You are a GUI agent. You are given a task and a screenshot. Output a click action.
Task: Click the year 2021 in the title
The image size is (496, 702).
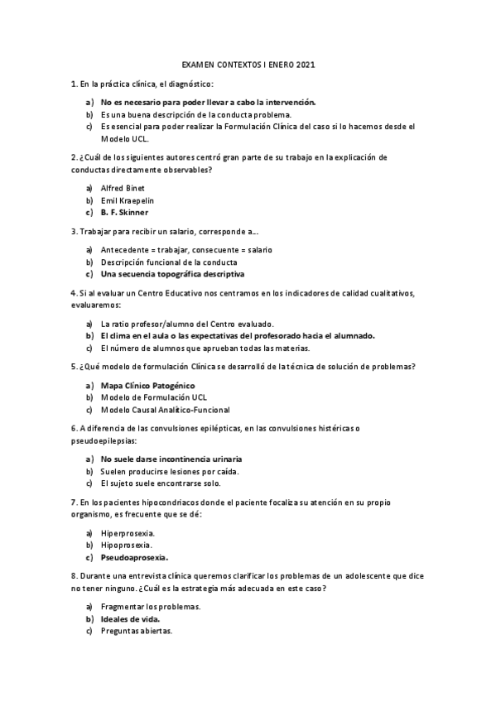pyautogui.click(x=305, y=64)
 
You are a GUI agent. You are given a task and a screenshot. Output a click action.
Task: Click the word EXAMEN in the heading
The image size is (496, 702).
pyautogui.click(x=197, y=64)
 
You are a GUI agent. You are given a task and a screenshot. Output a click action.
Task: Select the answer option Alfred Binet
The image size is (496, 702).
pyautogui.click(x=123, y=188)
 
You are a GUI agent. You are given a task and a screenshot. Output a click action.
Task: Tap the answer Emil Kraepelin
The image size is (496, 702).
pyautogui.click(x=128, y=200)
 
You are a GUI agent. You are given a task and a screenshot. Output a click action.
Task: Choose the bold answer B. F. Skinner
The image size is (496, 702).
pyautogui.click(x=124, y=212)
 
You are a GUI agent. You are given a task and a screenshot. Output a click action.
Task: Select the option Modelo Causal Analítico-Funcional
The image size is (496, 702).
pyautogui.click(x=165, y=410)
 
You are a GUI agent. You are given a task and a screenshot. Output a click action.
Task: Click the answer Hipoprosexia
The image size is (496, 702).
pyautogui.click(x=126, y=546)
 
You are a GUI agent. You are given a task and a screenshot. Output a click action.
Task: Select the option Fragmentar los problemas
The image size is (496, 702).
pyautogui.click(x=151, y=607)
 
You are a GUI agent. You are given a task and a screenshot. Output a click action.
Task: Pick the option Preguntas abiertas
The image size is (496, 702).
pyautogui.click(x=137, y=631)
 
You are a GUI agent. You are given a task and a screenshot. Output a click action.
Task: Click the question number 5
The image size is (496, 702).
pyautogui.click(x=74, y=367)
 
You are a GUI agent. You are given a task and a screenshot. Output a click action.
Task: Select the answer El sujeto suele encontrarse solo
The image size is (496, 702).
pyautogui.click(x=161, y=483)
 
